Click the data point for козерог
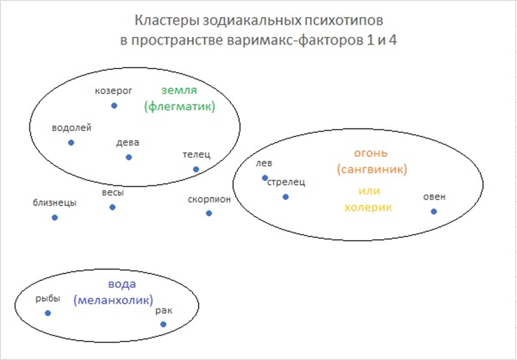[x=114, y=106]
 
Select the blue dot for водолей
[x=71, y=143]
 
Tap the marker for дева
[x=129, y=157]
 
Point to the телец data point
[x=196, y=169]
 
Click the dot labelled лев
[x=265, y=178]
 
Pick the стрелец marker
[x=285, y=197]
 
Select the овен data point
[x=434, y=211]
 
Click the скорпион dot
[x=208, y=213]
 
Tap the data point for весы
[x=112, y=207]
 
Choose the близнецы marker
[x=55, y=217]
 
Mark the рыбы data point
[x=48, y=313]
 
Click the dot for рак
[x=163, y=324]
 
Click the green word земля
[x=180, y=91]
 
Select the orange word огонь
[x=371, y=154]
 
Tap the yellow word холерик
[x=368, y=208]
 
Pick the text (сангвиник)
[x=372, y=170]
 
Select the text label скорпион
[x=209, y=200]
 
